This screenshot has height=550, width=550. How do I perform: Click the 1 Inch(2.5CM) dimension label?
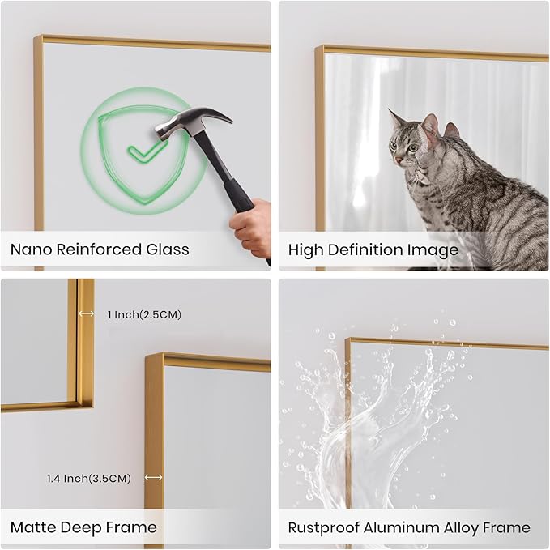click(143, 314)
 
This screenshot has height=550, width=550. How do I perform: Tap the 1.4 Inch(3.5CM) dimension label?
click(88, 479)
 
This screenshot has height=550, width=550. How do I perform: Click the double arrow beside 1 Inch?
click(86, 314)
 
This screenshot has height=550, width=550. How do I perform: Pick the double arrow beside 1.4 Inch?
click(154, 479)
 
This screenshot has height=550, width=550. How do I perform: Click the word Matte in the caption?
click(32, 528)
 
